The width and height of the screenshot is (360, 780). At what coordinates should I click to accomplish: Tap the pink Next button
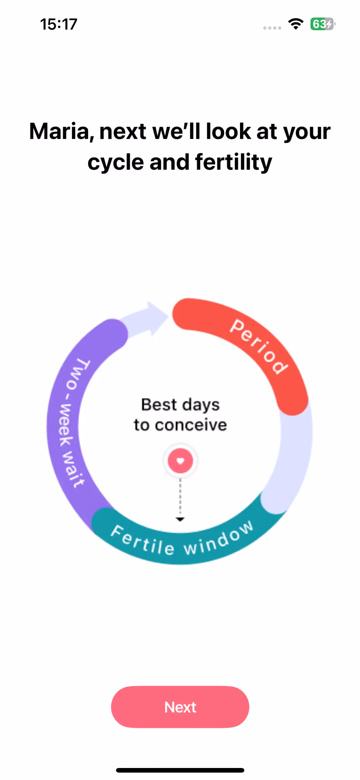pyautogui.click(x=180, y=707)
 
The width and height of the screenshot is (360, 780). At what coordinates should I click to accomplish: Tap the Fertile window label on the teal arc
pyautogui.click(x=182, y=541)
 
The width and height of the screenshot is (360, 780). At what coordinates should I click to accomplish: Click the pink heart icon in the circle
pyautogui.click(x=180, y=461)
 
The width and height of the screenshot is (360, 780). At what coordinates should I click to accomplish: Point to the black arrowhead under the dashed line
pyautogui.click(x=180, y=519)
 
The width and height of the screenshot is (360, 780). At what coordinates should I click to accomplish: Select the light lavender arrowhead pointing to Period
pyautogui.click(x=155, y=317)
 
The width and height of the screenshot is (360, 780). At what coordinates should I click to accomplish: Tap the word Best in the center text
pyautogui.click(x=159, y=405)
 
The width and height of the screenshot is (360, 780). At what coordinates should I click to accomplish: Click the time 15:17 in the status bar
pyautogui.click(x=58, y=24)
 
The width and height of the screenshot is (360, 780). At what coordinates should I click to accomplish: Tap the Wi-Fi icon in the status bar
pyautogui.click(x=296, y=24)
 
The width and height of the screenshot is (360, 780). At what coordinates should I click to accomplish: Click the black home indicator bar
pyautogui.click(x=180, y=770)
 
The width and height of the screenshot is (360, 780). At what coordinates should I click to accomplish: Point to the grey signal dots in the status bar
pyautogui.click(x=272, y=28)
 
